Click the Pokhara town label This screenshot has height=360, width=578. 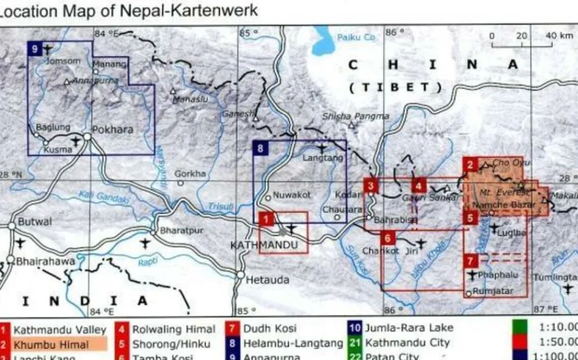113,129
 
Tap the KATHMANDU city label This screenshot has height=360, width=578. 264,245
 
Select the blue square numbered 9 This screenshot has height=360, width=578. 35,49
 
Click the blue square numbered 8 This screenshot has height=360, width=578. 261,149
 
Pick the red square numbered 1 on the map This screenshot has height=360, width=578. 266,219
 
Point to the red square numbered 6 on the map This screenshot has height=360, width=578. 388,237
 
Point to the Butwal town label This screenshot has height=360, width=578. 35,222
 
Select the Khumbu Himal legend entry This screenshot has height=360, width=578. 51,345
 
